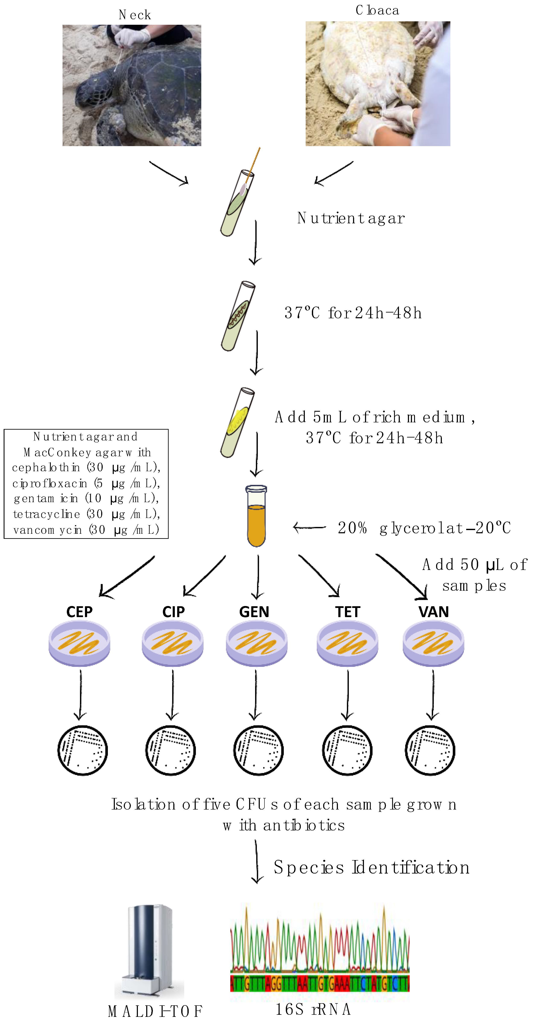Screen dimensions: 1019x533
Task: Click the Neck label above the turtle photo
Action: pos(134,15)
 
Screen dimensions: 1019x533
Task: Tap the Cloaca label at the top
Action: pos(377,10)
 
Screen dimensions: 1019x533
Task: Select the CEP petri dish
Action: pos(79,643)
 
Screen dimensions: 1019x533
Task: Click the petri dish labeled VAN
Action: pos(433,643)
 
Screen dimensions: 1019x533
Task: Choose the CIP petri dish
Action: pos(172,643)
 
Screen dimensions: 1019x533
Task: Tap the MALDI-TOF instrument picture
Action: pos(150,949)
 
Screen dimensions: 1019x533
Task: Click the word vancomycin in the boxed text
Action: pos(47,530)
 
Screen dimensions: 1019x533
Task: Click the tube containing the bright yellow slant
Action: pos(237,423)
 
